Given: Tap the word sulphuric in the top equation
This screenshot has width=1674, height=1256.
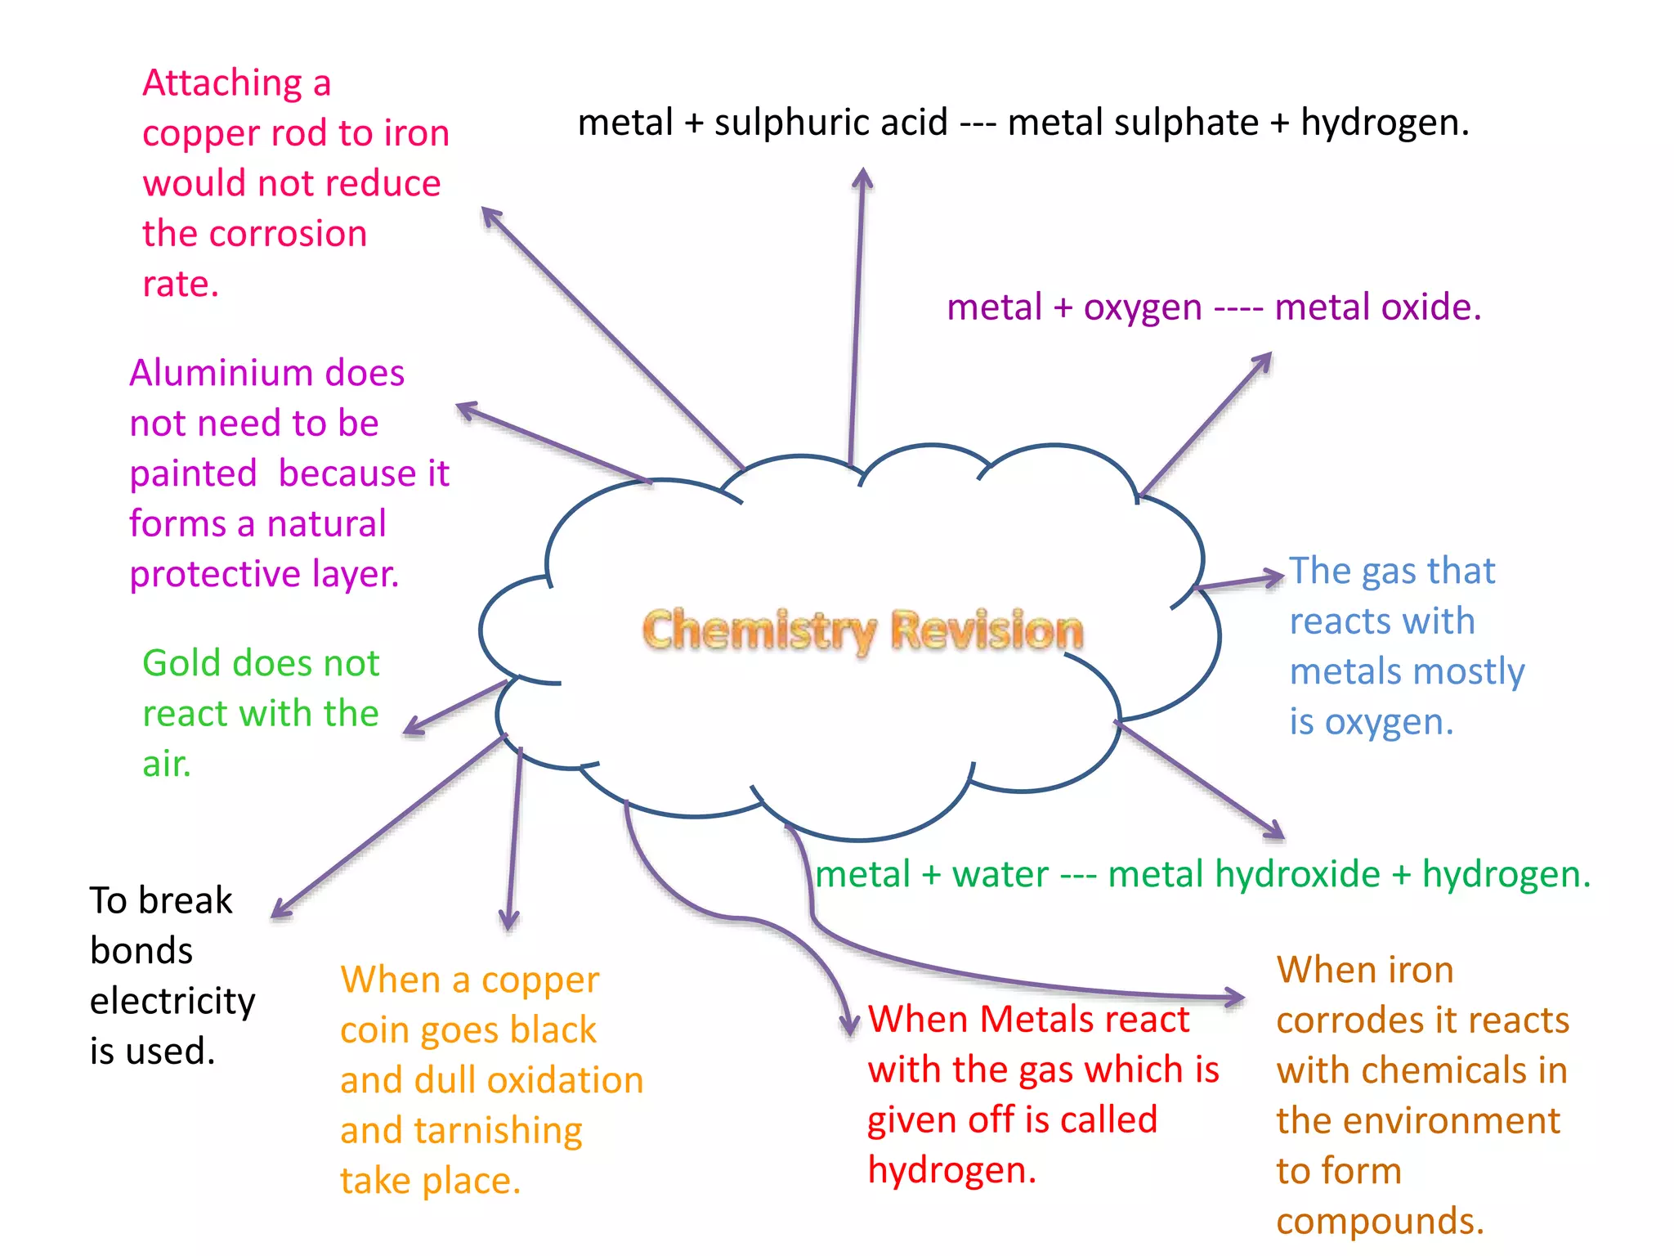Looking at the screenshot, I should click(x=830, y=123).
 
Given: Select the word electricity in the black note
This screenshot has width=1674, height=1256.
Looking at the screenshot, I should click(x=172, y=1001).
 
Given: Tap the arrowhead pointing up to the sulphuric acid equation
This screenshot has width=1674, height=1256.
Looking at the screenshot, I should click(x=863, y=176).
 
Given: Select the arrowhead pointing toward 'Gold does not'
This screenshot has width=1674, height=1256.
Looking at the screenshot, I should click(x=412, y=727).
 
